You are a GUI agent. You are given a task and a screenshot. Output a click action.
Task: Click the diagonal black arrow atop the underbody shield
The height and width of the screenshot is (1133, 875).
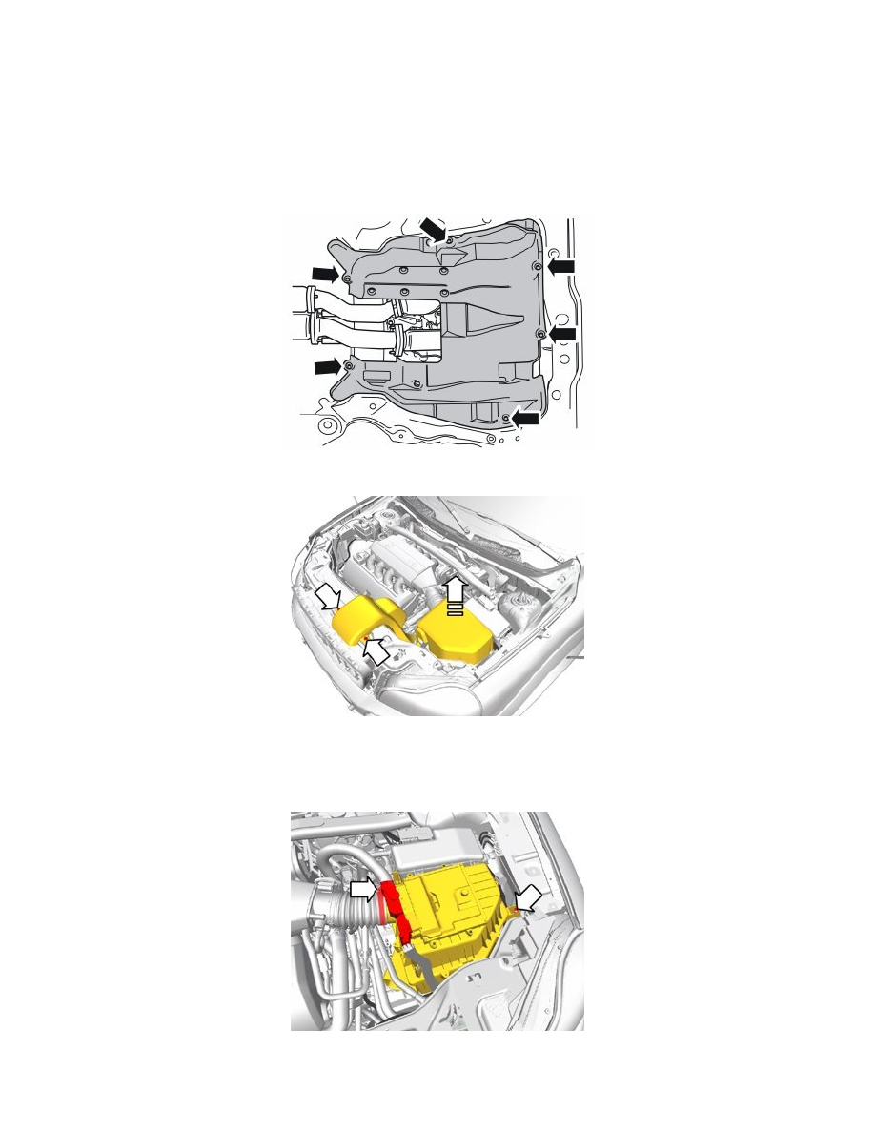pyautogui.click(x=434, y=228)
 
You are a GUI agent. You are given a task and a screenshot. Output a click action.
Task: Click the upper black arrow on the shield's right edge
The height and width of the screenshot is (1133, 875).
pyautogui.click(x=563, y=263)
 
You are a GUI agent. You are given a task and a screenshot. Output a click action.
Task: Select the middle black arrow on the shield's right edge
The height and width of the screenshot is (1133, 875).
pyautogui.click(x=563, y=333)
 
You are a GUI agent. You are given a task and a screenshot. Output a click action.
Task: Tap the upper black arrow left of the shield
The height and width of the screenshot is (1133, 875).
pyautogui.click(x=325, y=275)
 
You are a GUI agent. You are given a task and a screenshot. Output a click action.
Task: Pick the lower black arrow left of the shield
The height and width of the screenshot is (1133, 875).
pyautogui.click(x=327, y=365)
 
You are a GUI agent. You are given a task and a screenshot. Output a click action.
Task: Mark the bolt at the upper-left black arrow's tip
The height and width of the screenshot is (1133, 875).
pyautogui.click(x=347, y=278)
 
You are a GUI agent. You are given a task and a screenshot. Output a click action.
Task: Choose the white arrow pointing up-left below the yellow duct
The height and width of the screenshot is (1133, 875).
pyautogui.click(x=374, y=650)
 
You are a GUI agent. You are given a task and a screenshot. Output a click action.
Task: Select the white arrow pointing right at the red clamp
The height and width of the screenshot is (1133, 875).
pyautogui.click(x=363, y=889)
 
